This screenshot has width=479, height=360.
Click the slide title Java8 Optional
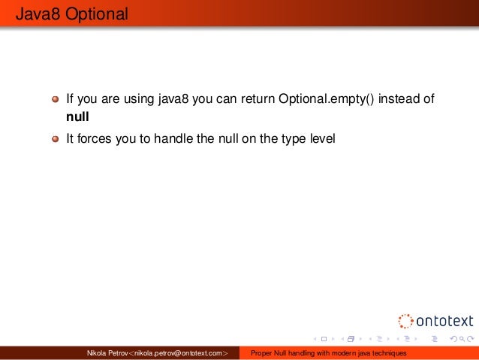[x=65, y=14]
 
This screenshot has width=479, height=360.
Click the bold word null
[x=78, y=117]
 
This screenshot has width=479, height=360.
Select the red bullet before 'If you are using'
[x=55, y=99]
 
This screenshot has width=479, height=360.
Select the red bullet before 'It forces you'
[x=55, y=139]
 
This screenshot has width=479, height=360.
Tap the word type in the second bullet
[x=290, y=139]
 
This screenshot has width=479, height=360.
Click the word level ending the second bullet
[x=321, y=139]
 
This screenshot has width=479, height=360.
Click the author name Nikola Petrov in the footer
[x=108, y=353]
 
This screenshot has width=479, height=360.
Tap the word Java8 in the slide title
[x=32, y=14]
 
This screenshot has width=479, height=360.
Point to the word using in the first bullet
[x=143, y=99]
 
